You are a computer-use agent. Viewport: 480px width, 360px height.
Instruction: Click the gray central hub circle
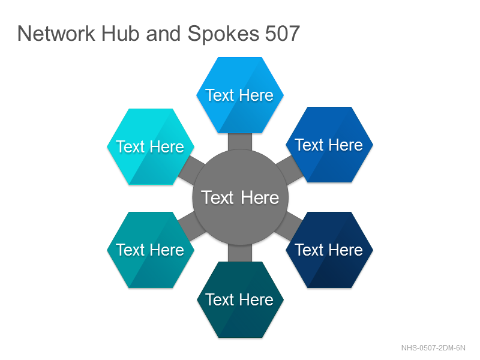coord(241,197)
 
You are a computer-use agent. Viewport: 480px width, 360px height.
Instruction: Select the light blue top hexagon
coord(240,95)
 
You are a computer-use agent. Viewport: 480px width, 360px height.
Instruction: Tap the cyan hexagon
coord(151,146)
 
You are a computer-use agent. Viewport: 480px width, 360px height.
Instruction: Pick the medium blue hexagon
coord(329,145)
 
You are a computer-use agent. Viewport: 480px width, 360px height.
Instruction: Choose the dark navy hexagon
coord(329,250)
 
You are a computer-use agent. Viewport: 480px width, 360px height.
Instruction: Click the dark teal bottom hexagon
coord(240,299)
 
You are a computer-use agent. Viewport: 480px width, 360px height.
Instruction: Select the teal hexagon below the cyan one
coord(151,250)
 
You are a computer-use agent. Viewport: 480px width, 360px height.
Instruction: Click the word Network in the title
coord(56,34)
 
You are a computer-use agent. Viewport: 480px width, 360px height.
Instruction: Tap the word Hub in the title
coord(121,34)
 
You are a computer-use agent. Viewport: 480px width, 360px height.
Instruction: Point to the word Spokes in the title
coord(223,34)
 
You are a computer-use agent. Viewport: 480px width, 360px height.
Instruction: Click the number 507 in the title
coord(282,34)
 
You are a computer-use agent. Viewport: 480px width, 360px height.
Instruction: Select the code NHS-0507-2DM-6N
coord(433,348)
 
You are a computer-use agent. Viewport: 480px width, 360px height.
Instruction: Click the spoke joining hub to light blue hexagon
coord(240,142)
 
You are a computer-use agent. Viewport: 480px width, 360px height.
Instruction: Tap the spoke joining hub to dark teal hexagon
coord(240,253)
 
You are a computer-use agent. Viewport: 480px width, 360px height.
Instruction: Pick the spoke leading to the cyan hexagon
coord(191,170)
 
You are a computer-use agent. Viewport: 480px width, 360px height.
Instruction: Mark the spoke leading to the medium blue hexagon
coord(290,170)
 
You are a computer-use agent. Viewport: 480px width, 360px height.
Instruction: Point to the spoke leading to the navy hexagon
coord(289,226)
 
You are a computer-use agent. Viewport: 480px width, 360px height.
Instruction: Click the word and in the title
coord(163,34)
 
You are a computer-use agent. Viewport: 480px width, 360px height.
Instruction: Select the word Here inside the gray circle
coord(260,197)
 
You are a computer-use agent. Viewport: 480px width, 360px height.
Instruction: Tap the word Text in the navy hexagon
coord(309,250)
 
